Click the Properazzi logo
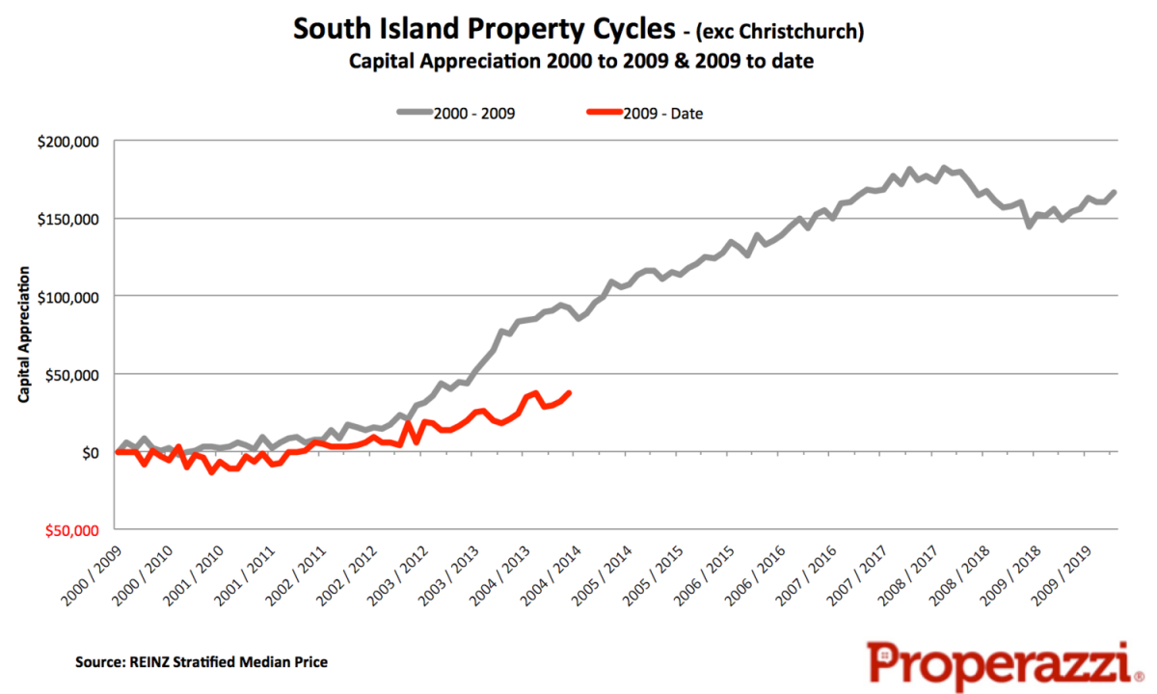(x=998, y=664)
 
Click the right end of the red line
(x=570, y=392)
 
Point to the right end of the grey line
(x=1115, y=192)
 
